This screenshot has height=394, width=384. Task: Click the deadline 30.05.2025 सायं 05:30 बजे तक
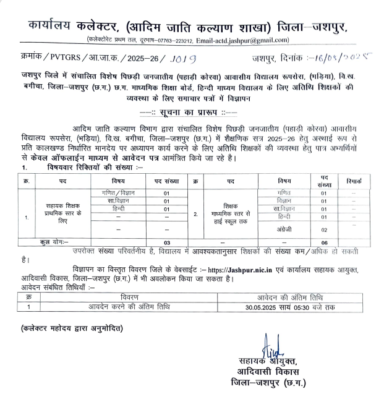point(281,306)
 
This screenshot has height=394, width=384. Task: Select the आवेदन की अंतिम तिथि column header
point(281,297)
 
